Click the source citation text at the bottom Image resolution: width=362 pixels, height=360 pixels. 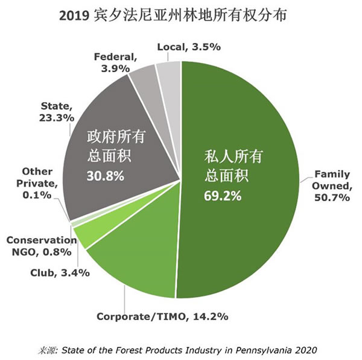click(181, 349)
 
